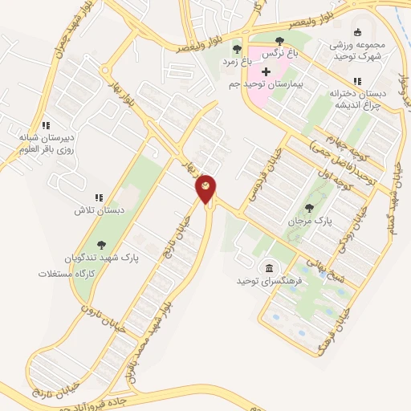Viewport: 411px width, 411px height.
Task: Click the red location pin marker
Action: (x=206, y=187)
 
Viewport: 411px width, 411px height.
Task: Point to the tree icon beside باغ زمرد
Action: (x=236, y=50)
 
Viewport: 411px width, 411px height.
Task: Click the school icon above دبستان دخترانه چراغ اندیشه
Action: (x=357, y=81)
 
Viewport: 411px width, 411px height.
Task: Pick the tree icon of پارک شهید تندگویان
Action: (x=101, y=246)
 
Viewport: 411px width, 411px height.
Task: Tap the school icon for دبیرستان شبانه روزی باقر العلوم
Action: (x=47, y=125)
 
